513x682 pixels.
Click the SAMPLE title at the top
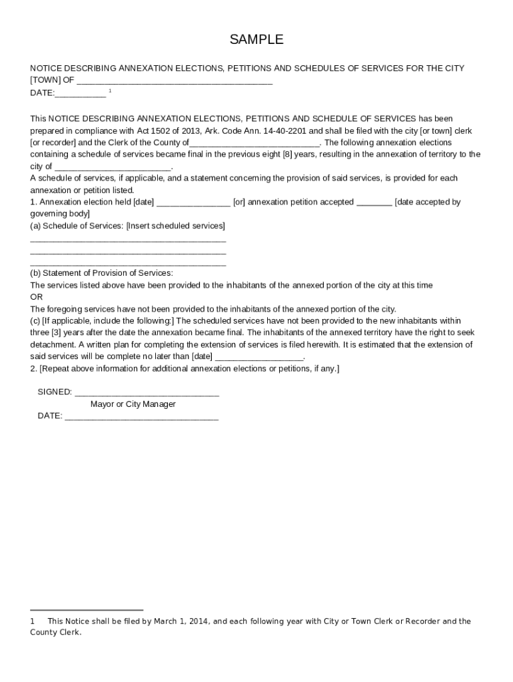tap(256, 40)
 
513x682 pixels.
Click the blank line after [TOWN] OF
tap(175, 82)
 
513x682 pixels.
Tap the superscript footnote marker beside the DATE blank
tap(110, 90)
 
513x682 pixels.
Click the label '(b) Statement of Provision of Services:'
tap(102, 273)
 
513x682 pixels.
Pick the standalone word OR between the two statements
tap(37, 297)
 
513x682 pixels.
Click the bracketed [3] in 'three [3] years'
tap(61, 333)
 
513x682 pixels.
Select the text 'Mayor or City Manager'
tap(133, 404)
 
